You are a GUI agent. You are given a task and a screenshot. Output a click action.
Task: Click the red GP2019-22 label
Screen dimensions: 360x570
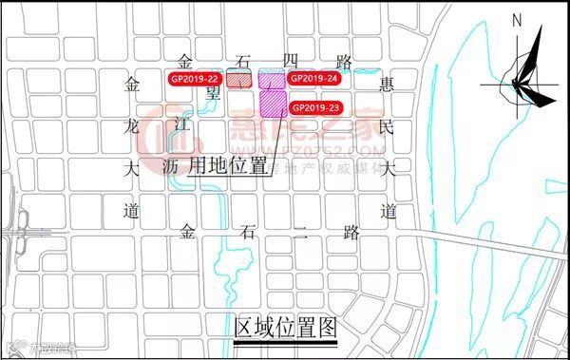coord(194,78)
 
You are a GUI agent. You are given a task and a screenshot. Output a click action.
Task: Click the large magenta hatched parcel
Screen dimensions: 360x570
coord(273,103)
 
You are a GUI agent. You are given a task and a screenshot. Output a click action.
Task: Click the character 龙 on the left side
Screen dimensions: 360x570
coord(132,126)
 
